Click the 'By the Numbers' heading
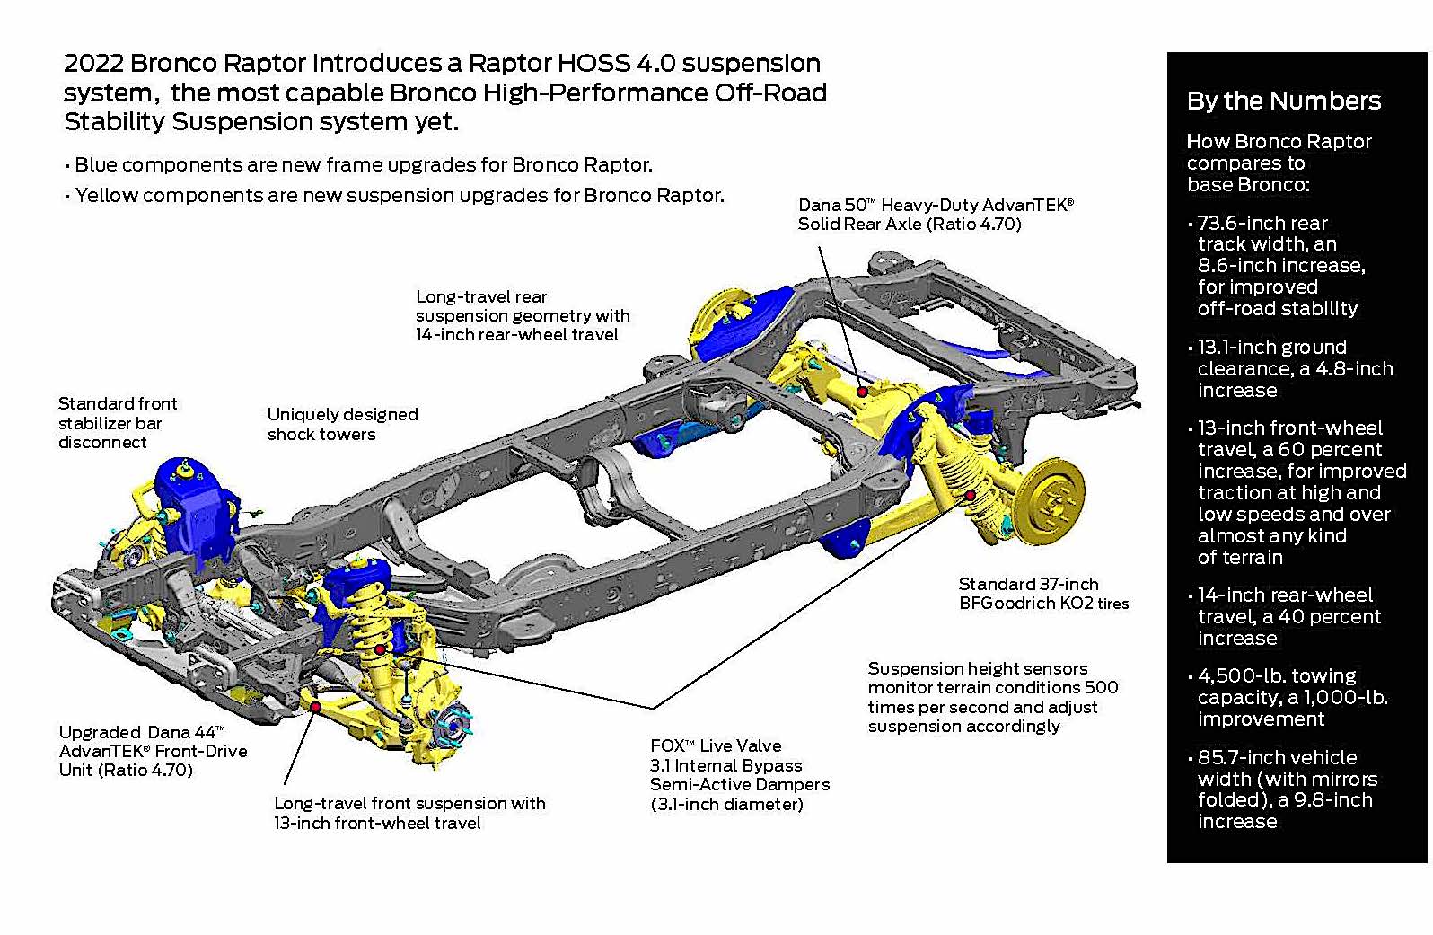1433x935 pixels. pyautogui.click(x=1283, y=101)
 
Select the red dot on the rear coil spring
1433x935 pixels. pyautogui.click(x=970, y=495)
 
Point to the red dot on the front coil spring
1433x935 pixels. pyautogui.click(x=381, y=648)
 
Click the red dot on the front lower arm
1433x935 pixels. pyautogui.click(x=316, y=707)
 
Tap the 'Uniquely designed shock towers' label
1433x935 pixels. pyautogui.click(x=342, y=424)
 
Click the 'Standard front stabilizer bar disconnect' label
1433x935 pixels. pyautogui.click(x=117, y=422)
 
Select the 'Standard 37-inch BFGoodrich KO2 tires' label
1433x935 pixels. pyautogui.click(x=1042, y=594)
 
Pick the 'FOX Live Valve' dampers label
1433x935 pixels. pyautogui.click(x=739, y=774)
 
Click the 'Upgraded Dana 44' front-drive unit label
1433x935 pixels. pyautogui.click(x=153, y=751)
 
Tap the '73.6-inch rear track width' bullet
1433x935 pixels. pyautogui.click(x=1279, y=265)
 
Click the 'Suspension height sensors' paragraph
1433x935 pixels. pyautogui.click(x=991, y=697)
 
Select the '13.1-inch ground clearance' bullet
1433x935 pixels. pyautogui.click(x=1293, y=368)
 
